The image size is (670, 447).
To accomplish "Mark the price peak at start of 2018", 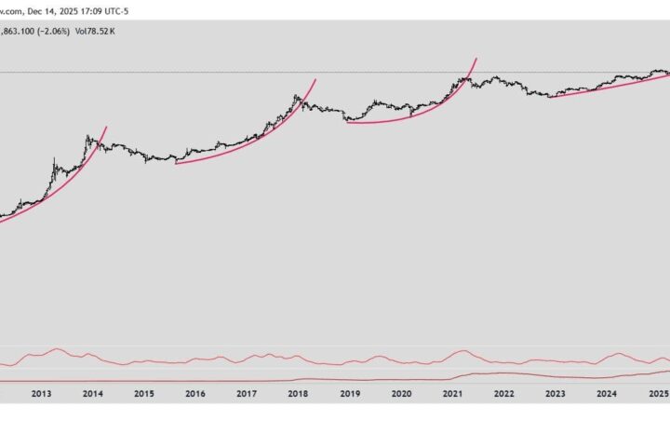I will pos(297,95).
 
